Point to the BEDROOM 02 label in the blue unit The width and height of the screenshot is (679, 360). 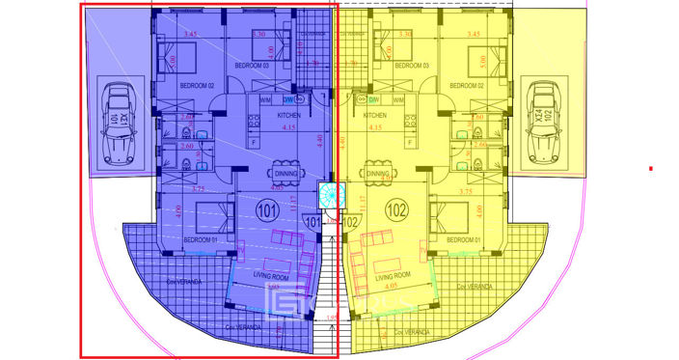(197, 85)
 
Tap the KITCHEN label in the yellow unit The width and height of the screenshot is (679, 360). (376, 115)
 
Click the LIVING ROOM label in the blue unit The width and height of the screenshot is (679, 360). (273, 276)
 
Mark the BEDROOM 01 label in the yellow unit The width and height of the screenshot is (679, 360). (464, 239)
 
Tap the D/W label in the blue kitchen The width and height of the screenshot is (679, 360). (288, 99)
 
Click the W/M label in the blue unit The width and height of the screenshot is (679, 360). (265, 99)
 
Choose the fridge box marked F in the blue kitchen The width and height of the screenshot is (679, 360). (253, 142)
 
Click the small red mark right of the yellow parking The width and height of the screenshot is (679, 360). (652, 169)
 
